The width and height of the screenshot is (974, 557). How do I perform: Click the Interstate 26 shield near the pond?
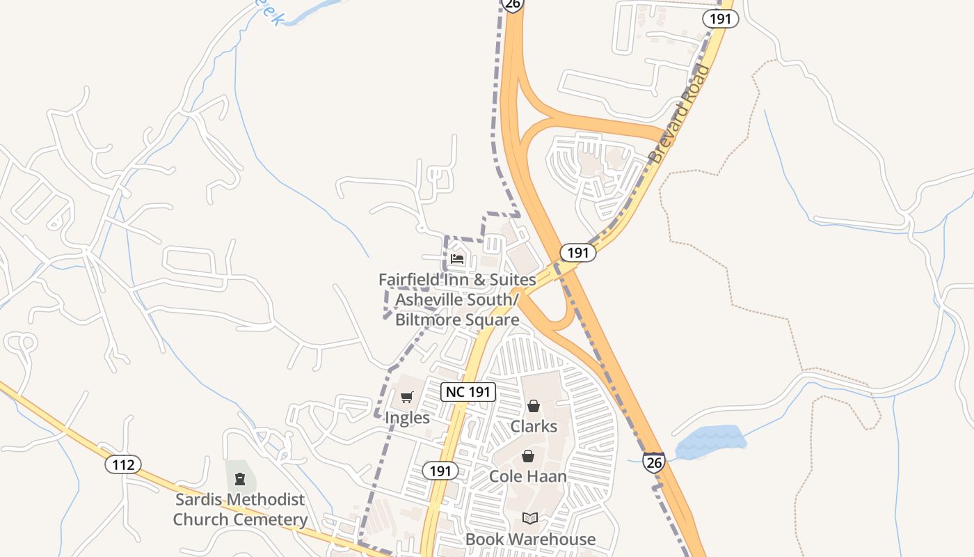[x=653, y=462]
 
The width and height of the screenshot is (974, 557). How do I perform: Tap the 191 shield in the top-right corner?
[x=720, y=19]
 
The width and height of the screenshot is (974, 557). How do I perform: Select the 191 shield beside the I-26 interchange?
[x=577, y=253]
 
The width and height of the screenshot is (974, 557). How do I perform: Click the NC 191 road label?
[x=468, y=392]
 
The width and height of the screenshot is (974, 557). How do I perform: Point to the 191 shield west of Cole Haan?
[x=440, y=471]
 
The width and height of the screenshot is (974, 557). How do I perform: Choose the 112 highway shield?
[x=123, y=464]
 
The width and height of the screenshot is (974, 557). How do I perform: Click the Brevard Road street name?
[x=681, y=114]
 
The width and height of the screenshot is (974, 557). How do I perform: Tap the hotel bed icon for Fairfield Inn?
[x=457, y=259]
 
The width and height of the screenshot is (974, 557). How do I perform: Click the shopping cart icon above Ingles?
[x=407, y=398]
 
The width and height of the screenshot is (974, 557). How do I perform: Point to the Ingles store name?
[x=407, y=418]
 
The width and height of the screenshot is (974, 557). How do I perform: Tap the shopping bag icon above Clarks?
[x=534, y=406]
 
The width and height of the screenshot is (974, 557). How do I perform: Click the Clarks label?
[x=534, y=426]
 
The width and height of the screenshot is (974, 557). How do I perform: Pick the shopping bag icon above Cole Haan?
[x=528, y=456]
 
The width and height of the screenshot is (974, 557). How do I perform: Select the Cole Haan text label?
[x=528, y=476]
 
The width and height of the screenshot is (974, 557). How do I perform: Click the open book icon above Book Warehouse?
[x=530, y=519]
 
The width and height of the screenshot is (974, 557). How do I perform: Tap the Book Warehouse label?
[x=530, y=539]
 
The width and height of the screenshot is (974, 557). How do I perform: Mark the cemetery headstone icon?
[x=240, y=479]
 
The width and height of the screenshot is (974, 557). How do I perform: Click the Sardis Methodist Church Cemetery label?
[x=240, y=510]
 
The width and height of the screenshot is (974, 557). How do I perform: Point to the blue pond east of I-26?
[x=710, y=442]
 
